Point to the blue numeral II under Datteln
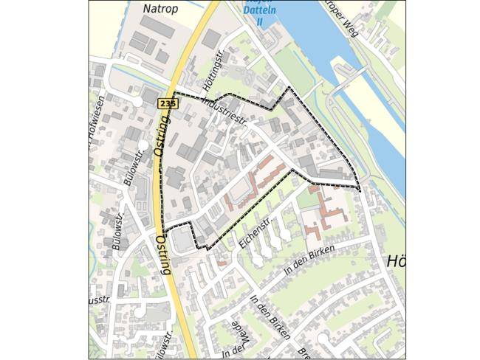(x=259, y=21)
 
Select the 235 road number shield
(x=167, y=105)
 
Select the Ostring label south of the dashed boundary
(x=163, y=255)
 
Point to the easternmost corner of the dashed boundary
(x=360, y=189)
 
